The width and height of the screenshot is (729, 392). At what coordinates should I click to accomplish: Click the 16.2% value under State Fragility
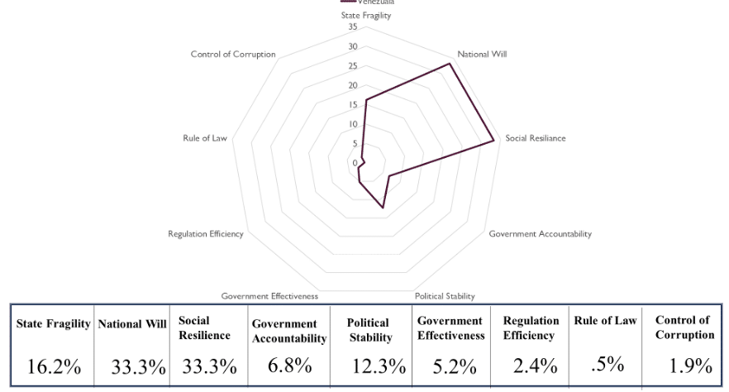(x=50, y=365)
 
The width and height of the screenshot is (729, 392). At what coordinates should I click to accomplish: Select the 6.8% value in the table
(x=288, y=365)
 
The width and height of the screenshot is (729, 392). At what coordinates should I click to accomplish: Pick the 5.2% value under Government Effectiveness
(x=447, y=365)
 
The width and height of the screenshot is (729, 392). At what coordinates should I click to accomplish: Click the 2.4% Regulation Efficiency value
(x=530, y=365)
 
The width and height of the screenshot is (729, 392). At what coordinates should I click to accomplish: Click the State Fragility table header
(x=54, y=324)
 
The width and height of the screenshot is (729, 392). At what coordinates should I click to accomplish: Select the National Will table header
(x=133, y=324)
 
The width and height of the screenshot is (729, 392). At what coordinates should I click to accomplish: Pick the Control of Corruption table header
(x=684, y=327)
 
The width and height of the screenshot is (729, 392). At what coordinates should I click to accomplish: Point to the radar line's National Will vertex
(x=450, y=63)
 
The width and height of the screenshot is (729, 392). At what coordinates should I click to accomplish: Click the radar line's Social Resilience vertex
(x=494, y=140)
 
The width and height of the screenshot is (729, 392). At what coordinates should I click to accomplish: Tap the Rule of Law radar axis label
(x=204, y=138)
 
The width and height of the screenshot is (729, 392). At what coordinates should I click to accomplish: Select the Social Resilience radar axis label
(x=536, y=138)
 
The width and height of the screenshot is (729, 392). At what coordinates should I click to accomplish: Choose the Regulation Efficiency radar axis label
(x=205, y=234)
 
